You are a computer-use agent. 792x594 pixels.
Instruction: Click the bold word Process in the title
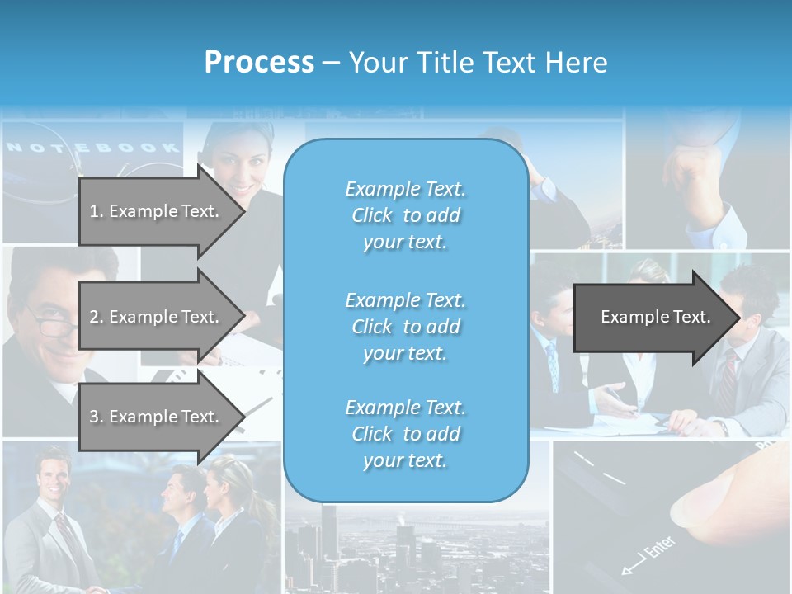259,62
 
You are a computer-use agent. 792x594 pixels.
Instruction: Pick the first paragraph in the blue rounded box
405,215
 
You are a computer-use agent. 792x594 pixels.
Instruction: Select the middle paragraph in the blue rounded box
405,326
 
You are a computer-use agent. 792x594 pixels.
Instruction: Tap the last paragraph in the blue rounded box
405,434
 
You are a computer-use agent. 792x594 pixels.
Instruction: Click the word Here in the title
578,62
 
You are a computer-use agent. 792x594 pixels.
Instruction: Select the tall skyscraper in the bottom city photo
329,536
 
